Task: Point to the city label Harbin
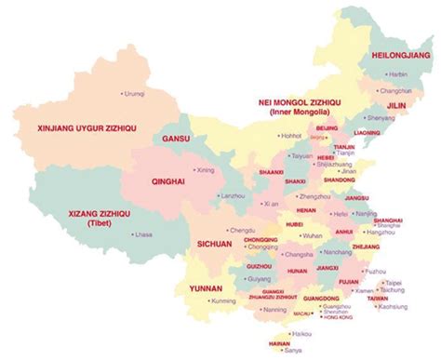[x=395, y=73]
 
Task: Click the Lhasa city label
[x=143, y=235]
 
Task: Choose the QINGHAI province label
[x=168, y=183]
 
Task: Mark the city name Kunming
[x=223, y=301]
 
